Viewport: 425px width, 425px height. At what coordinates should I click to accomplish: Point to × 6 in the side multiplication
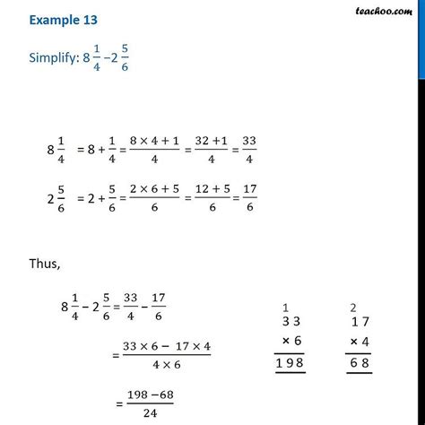[291, 341]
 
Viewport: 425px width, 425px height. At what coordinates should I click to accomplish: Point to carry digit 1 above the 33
[284, 306]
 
